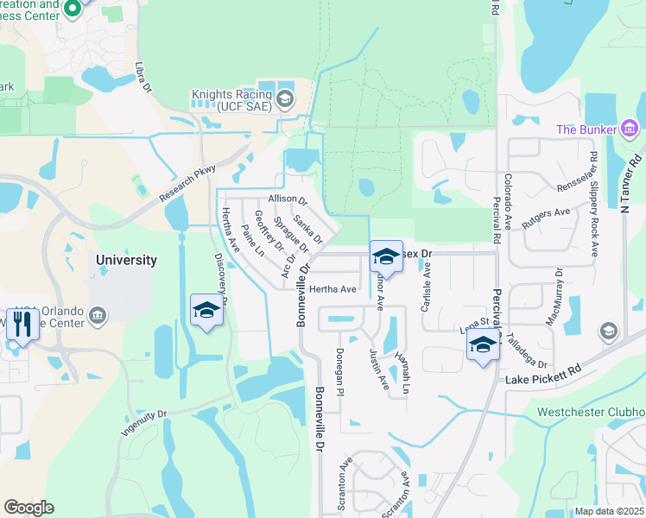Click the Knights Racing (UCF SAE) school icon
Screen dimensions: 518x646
(284, 100)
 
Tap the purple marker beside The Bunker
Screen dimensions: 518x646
(630, 129)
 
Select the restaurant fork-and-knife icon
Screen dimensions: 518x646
(21, 325)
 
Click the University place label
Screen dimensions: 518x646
(126, 260)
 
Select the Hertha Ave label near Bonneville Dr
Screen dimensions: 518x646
(332, 289)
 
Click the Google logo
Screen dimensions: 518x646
(28, 508)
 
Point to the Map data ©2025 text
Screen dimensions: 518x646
(609, 511)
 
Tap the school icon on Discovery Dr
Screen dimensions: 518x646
(207, 310)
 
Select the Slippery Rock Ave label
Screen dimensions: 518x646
(594, 205)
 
